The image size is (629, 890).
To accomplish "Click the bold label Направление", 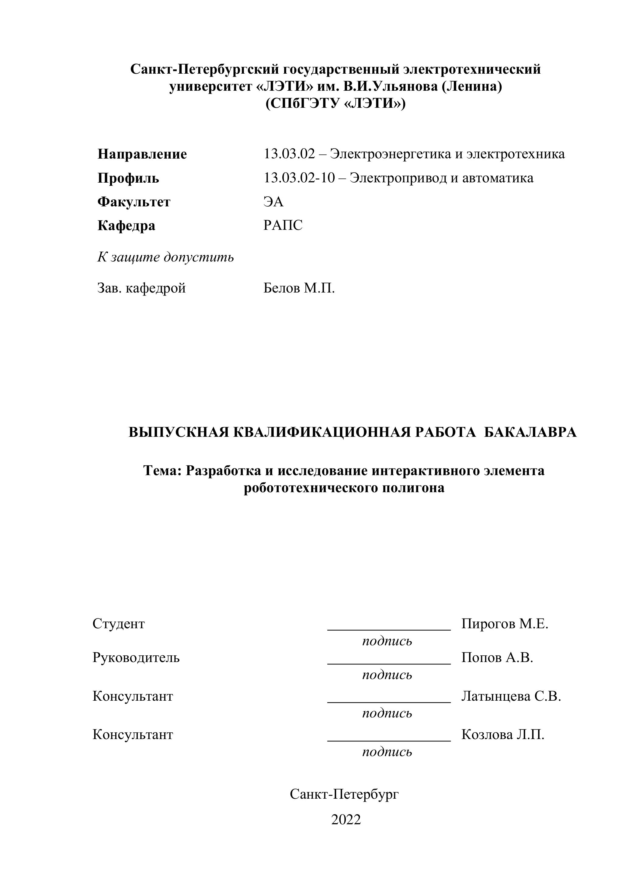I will tap(142, 154).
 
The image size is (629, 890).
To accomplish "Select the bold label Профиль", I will tap(128, 178).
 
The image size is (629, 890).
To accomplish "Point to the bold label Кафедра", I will tap(126, 226).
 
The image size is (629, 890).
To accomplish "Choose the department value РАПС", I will tap(283, 225).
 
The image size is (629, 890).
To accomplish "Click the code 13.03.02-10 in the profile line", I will tap(299, 178).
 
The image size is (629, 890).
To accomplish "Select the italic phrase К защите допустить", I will tap(165, 257).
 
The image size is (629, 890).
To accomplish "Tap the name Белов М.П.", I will tap(299, 288).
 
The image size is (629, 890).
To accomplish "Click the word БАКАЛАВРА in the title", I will tap(530, 432).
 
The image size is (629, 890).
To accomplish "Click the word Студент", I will tap(119, 624).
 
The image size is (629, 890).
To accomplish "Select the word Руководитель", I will tap(136, 657).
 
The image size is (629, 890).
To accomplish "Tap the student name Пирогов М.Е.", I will tap(505, 624).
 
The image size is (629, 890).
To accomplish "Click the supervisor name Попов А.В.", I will tap(497, 657).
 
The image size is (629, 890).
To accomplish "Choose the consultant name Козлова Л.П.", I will tap(503, 734).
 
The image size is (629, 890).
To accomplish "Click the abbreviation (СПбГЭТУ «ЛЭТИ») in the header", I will tap(335, 103).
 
